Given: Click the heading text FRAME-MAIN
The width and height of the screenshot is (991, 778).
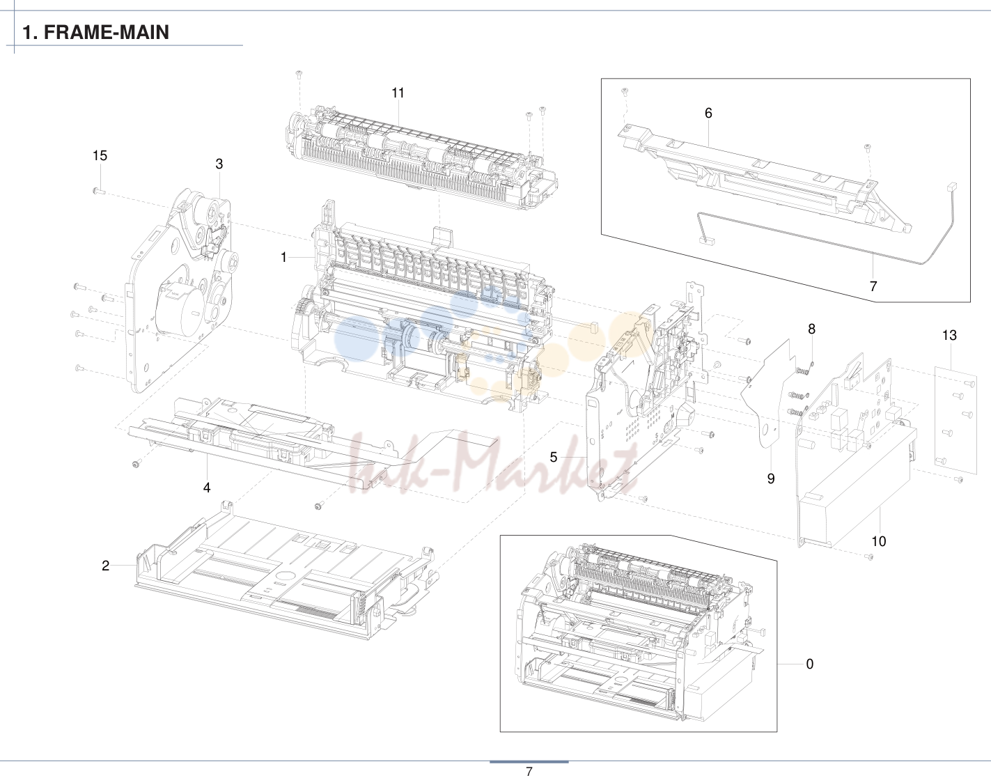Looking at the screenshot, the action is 107,32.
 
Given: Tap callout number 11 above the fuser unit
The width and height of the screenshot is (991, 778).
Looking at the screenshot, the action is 398,93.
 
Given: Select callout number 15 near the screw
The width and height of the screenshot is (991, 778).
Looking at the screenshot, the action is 100,155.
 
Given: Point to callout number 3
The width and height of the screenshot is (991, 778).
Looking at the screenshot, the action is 219,164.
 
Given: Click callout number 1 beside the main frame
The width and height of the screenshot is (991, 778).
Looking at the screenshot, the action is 283,258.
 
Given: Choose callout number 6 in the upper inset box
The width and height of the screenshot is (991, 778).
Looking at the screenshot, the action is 708,113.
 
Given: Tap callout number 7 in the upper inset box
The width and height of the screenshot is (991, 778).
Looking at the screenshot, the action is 873,286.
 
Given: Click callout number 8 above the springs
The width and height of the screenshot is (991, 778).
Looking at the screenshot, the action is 812,329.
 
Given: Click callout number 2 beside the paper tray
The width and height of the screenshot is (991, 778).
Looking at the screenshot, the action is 106,566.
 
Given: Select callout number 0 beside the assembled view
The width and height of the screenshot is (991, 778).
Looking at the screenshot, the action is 810,664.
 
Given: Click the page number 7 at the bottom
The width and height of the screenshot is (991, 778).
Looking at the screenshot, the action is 529,772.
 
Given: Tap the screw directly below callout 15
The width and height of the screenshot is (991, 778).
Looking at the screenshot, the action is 99,191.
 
